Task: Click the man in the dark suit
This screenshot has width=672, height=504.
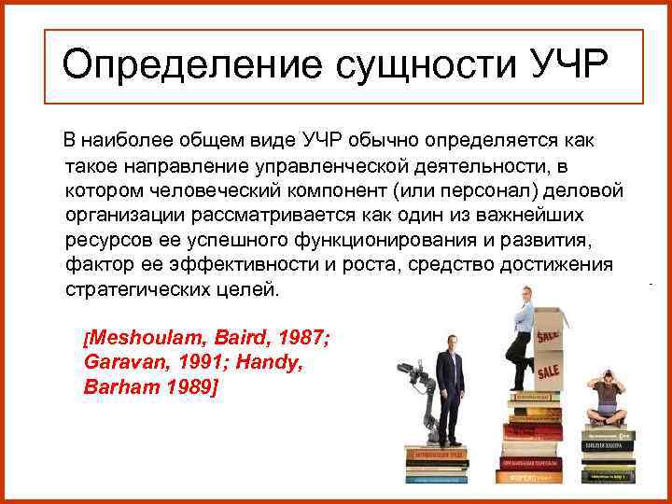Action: point(454,383)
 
